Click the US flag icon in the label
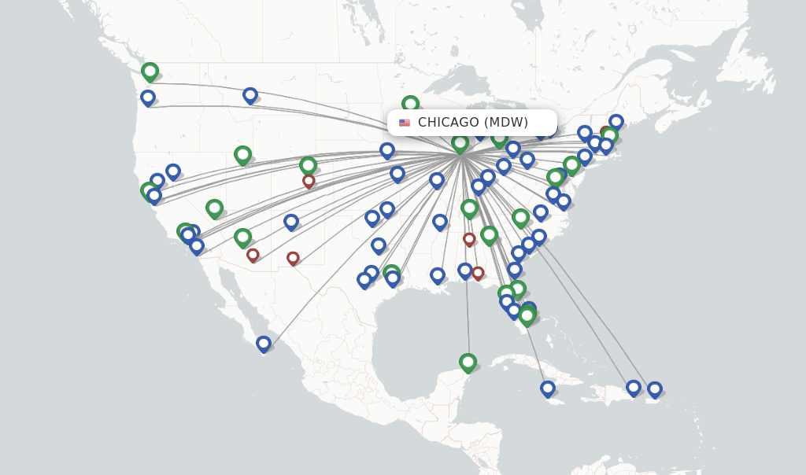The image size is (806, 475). (405, 123)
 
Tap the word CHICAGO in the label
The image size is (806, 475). (448, 123)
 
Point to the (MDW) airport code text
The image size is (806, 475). (505, 123)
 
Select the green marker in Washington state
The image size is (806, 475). (150, 72)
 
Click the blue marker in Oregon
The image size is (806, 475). (148, 98)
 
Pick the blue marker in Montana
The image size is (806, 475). (250, 95)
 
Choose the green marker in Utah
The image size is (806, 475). (242, 155)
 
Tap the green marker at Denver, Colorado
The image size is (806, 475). (308, 165)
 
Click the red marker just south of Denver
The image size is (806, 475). (309, 181)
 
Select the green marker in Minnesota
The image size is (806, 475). (410, 104)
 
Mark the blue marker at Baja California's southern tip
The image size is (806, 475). (264, 344)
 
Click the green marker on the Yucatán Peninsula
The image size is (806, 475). (468, 362)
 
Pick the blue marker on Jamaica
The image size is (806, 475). (548, 388)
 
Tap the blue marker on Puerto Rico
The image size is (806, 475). (654, 388)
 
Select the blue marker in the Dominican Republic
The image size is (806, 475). (634, 387)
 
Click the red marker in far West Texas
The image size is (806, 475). (293, 257)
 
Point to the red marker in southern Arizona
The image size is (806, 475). (253, 255)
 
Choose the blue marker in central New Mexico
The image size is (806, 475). (291, 222)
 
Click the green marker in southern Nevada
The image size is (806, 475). (214, 208)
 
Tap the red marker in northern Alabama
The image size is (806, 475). (469, 238)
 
